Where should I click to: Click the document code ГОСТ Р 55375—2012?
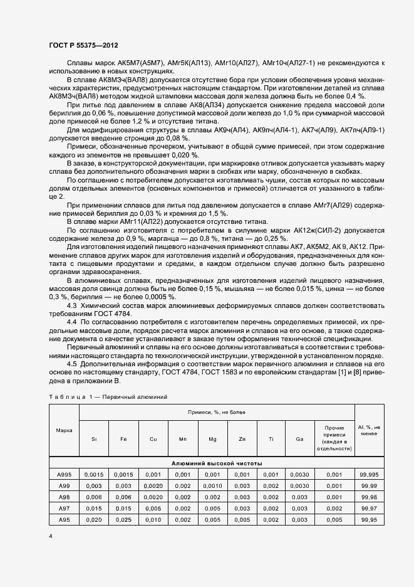coord(83,46)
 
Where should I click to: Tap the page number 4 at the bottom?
coord(50,537)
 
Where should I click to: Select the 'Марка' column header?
coord(64,430)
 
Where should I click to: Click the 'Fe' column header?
coord(123,439)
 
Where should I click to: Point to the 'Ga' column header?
coord(300,439)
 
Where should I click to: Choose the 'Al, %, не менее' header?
coord(369,430)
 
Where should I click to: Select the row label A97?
coord(64,507)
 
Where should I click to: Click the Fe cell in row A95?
coord(123,519)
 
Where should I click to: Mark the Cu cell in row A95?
coord(153,519)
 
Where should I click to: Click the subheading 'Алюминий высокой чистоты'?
coord(216,462)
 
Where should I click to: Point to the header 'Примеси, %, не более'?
coord(216,412)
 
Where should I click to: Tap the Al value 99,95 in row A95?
coord(369,519)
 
